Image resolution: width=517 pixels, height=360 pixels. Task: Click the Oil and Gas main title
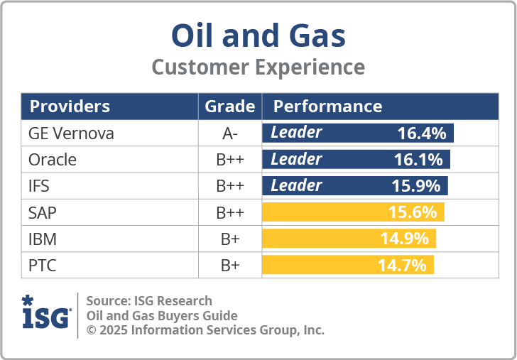[x=258, y=35]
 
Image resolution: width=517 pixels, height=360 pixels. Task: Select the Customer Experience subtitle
[x=258, y=67]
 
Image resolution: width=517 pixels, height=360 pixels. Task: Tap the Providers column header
[x=70, y=107]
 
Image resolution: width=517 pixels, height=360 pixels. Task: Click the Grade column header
[x=229, y=107]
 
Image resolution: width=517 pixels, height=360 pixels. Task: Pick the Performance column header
[x=327, y=107]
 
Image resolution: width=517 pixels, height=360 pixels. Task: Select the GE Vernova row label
[x=71, y=133]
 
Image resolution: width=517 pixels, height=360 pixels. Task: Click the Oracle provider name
[x=53, y=160]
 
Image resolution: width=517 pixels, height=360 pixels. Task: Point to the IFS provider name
[x=40, y=186]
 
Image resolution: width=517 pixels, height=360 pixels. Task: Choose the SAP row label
[x=42, y=212]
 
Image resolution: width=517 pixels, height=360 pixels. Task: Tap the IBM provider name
[x=43, y=239]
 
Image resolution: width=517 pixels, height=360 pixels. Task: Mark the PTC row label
[x=42, y=266]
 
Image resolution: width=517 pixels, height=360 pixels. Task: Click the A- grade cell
[x=229, y=133]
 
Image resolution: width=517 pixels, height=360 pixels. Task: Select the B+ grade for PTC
[x=229, y=266]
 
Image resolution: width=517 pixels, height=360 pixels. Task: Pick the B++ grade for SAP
[x=229, y=212]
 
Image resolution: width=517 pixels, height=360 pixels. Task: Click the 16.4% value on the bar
[x=421, y=133]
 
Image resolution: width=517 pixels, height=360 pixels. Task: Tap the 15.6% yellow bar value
[x=413, y=212]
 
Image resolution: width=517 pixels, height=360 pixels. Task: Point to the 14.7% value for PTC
[x=402, y=266]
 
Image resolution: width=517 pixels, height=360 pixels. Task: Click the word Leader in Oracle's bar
[x=296, y=160]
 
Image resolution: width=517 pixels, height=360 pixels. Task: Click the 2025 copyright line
[x=205, y=330]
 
